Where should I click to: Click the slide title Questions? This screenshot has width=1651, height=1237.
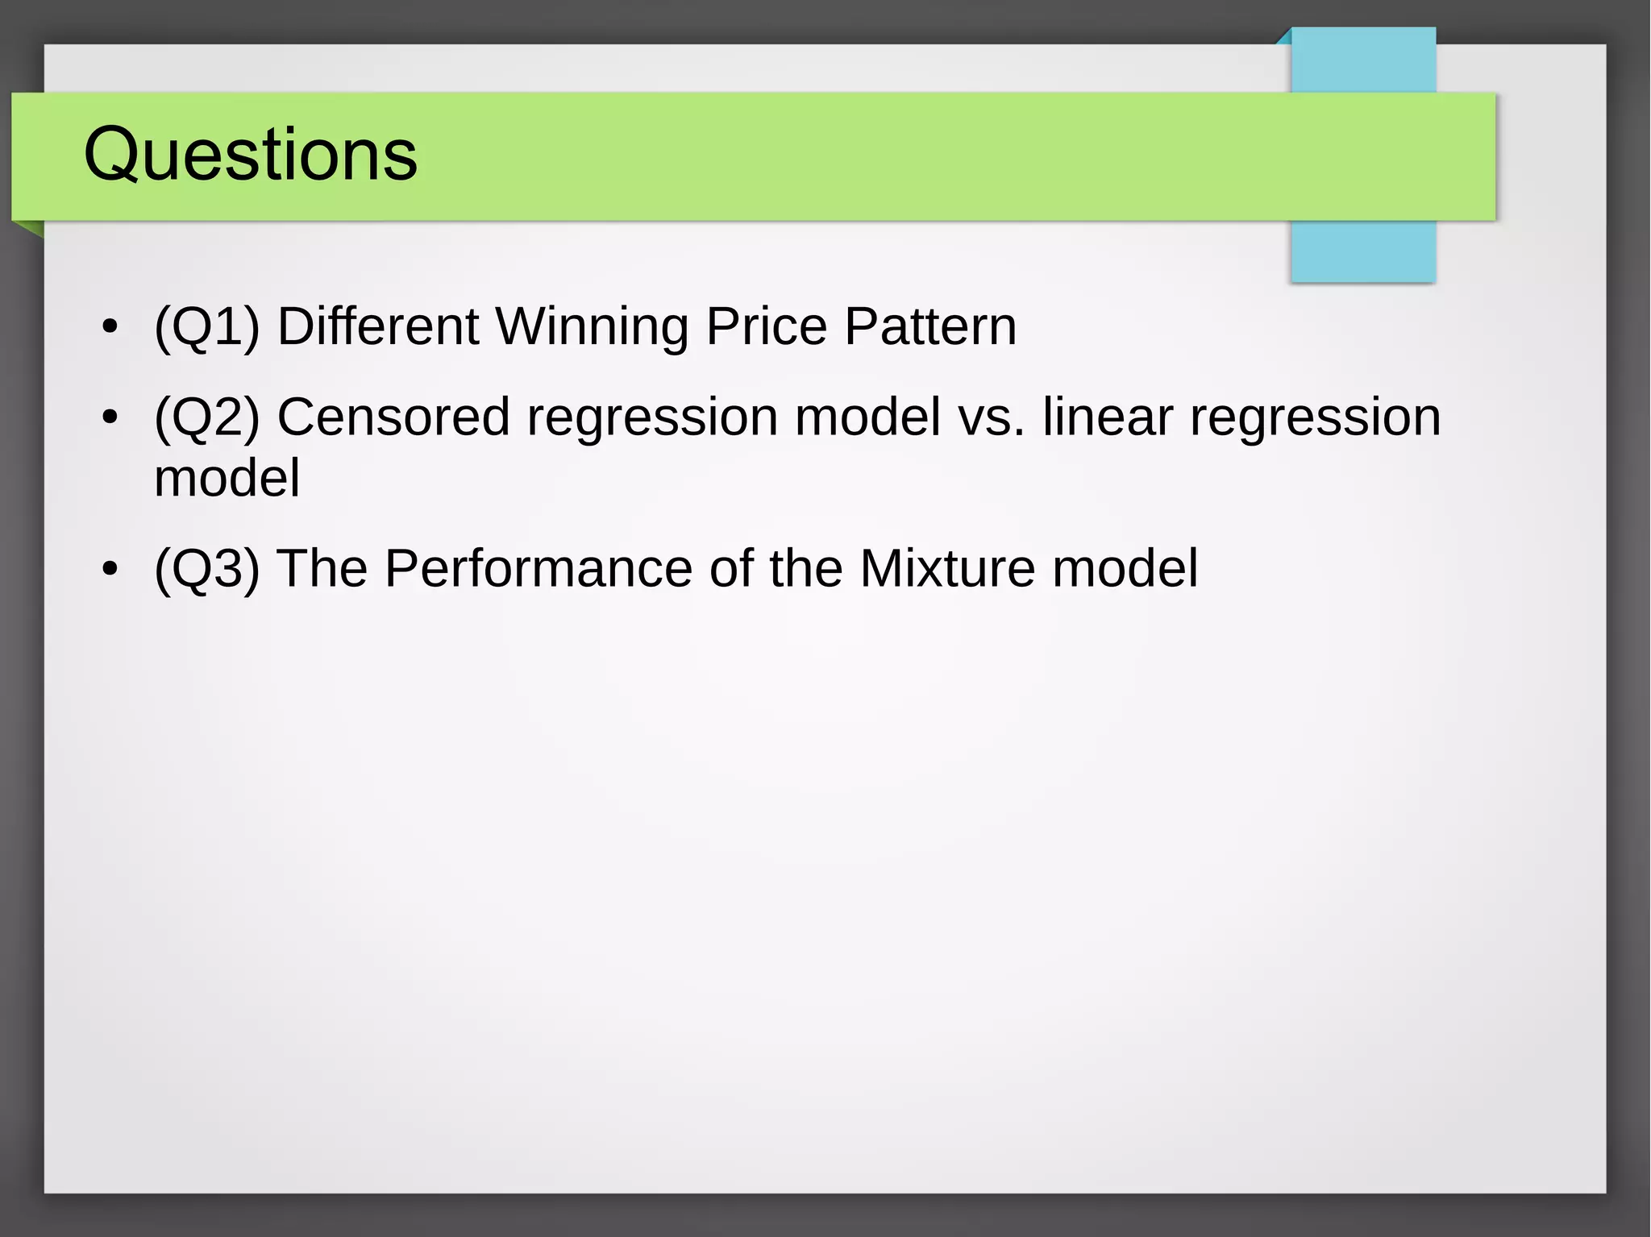(x=250, y=155)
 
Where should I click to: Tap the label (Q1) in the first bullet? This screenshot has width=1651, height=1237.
(x=207, y=327)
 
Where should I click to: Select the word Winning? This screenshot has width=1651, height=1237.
(x=592, y=327)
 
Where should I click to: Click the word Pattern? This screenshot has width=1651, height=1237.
(x=930, y=327)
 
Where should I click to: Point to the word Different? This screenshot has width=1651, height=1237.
(x=378, y=327)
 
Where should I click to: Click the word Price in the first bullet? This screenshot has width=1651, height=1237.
(x=766, y=327)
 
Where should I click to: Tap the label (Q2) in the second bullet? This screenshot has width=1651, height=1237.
(x=207, y=417)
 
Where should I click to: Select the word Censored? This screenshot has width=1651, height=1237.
(x=393, y=417)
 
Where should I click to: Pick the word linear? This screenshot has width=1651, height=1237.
(x=1107, y=417)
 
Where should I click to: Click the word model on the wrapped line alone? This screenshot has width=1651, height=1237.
(x=227, y=479)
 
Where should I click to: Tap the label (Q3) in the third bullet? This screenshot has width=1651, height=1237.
(x=207, y=569)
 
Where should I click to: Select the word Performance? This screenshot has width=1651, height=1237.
(x=538, y=569)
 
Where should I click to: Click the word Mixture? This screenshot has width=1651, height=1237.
(x=946, y=569)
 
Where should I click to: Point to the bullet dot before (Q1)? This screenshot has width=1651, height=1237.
(x=110, y=328)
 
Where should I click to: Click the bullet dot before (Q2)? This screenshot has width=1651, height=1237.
(x=110, y=418)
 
